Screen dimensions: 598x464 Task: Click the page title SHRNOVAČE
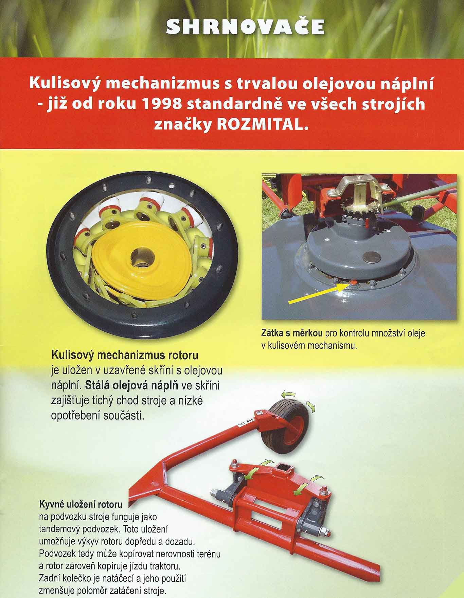coord(246,27)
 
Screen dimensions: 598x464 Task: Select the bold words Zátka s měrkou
coord(292,333)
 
